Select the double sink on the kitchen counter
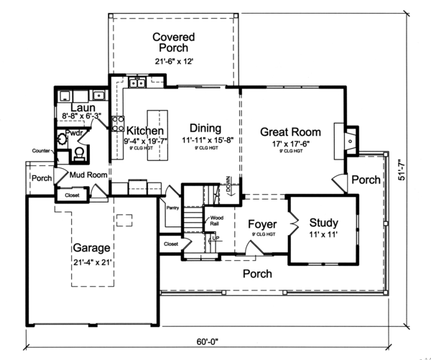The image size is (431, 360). (139, 83)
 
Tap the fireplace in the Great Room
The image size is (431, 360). (345, 137)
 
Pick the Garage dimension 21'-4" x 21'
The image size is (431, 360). (91, 262)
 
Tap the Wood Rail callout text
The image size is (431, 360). (216, 220)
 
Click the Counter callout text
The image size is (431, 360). (40, 151)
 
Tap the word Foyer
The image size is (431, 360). (262, 224)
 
